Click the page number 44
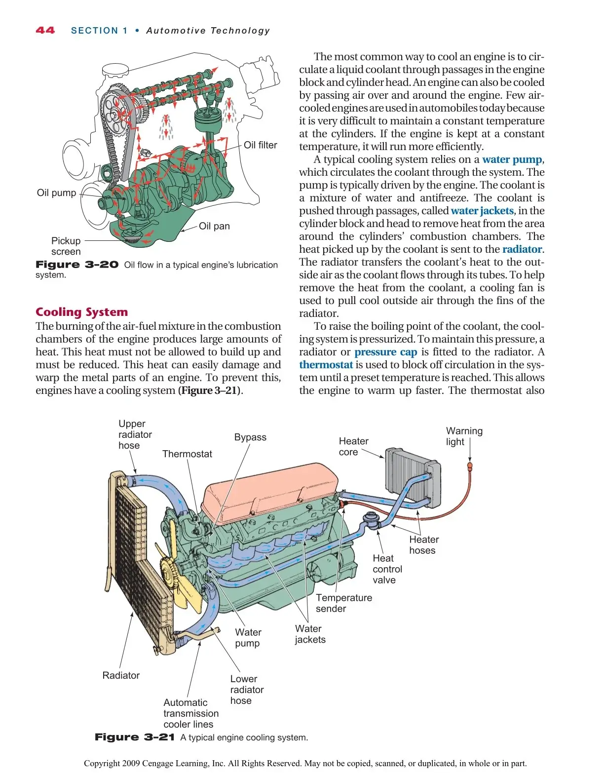pos(45,31)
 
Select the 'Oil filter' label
pos(260,145)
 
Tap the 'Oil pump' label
pos(56,193)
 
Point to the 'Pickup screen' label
pos(66,246)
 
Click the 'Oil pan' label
pos(214,226)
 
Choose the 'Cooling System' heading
pos(81,312)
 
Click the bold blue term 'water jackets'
pos(482,211)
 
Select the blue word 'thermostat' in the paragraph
pos(326,365)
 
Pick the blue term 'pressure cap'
pos(385,352)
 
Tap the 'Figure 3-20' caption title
pos(77,265)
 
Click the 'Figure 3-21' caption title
pos(135,737)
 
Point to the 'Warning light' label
pos(464,436)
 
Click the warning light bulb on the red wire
pos(470,465)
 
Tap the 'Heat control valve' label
pos(387,569)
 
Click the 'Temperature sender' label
pos(343,603)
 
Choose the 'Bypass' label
pos(250,437)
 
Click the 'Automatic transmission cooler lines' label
pos(190,713)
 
